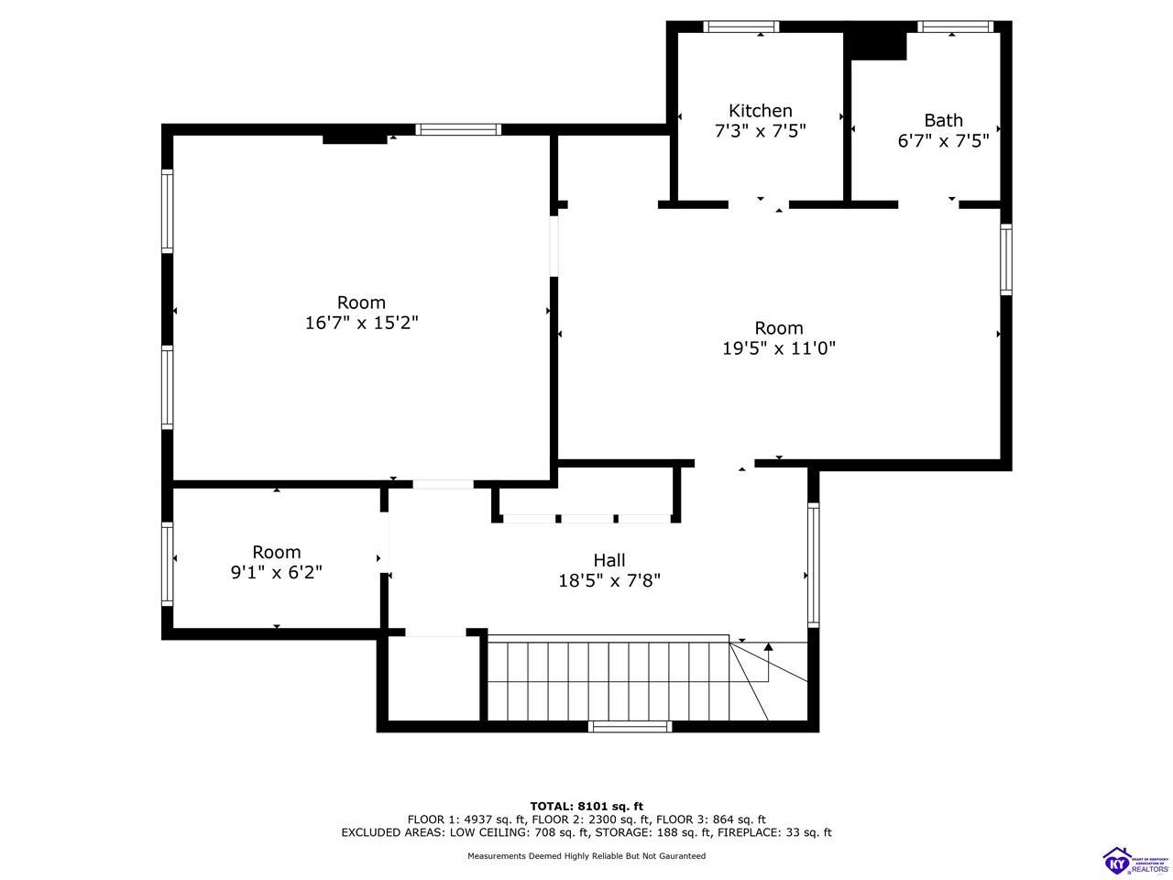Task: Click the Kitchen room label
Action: coord(760,111)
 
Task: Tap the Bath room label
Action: coord(943,120)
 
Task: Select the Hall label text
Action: coord(609,560)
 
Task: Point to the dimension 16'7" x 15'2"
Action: coord(361,323)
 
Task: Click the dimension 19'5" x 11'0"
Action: coord(779,348)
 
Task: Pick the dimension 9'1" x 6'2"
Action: coord(276,572)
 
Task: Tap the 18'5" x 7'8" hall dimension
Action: coord(609,580)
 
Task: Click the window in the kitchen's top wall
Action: coord(740,27)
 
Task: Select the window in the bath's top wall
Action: coord(956,27)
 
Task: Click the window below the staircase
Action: coord(630,726)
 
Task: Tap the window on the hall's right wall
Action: coord(813,565)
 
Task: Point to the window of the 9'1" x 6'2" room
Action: coord(168,564)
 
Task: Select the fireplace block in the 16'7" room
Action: coord(355,139)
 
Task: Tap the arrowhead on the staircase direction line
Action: coord(769,646)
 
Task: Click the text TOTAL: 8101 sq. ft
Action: coord(586,806)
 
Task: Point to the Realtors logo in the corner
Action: coord(1135,860)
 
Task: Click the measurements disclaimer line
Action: coord(586,855)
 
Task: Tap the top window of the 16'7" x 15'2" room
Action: coord(458,129)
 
